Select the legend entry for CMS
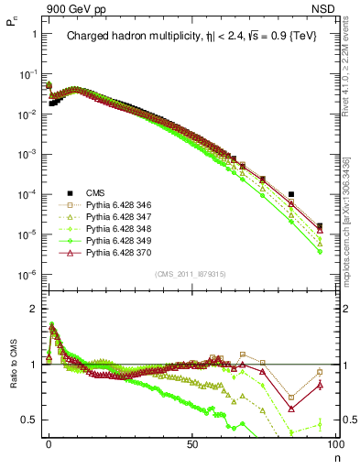(x=95, y=193)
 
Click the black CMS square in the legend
(x=68, y=193)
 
